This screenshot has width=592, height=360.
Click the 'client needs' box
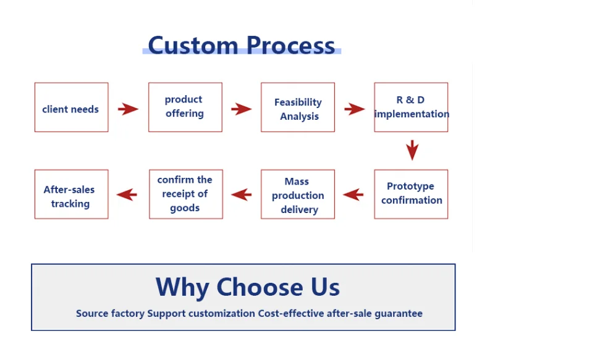point(71,107)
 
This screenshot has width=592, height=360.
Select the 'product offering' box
point(185,107)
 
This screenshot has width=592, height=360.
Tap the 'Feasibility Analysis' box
point(297,107)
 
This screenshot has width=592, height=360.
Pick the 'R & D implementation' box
point(411,107)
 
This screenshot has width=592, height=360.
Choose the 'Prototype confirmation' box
point(411,194)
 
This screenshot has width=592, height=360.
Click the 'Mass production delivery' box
point(297,194)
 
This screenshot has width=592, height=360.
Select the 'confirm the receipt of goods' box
point(186,194)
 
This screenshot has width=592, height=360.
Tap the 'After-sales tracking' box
point(71,194)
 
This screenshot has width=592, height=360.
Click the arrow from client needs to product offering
point(128,109)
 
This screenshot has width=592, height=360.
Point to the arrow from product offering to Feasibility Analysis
point(241,109)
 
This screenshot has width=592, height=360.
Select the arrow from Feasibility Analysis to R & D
point(355,109)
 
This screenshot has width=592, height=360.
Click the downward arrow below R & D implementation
point(412,150)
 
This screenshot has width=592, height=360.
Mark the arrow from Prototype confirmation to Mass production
point(353,195)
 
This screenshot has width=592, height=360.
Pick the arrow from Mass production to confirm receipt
point(241,195)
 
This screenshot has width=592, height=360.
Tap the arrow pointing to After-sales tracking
point(127,195)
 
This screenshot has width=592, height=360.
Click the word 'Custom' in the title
point(193,45)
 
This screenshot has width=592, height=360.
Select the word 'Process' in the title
point(290,45)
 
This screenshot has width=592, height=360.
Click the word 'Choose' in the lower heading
point(260,287)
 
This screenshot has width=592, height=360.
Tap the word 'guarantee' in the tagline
point(399,314)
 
